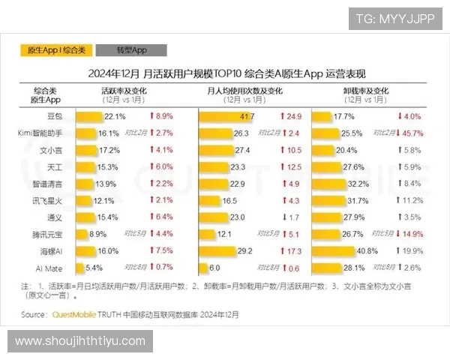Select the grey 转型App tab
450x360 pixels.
[131, 51]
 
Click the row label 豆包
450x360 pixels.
[55, 117]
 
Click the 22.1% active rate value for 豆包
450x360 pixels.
[115, 117]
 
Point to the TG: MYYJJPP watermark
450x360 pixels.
[395, 18]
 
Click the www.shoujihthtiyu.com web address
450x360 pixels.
[80, 341]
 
